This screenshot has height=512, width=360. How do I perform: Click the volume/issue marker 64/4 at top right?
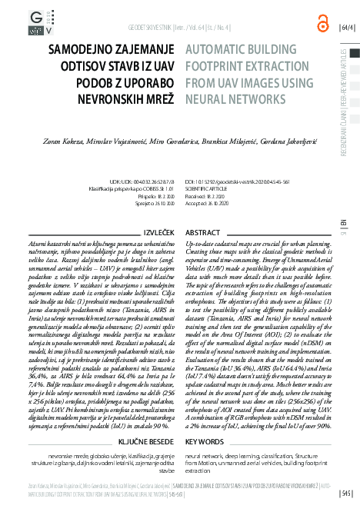(347, 28)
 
